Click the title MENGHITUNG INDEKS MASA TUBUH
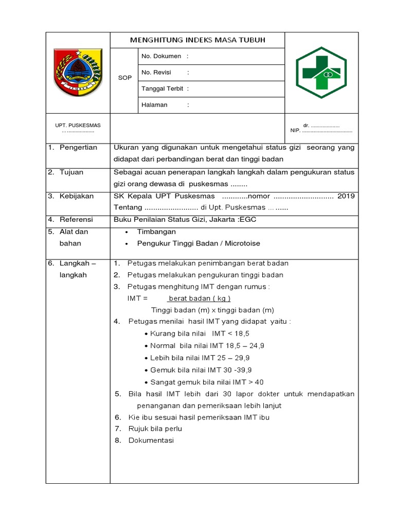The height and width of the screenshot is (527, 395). [197, 40]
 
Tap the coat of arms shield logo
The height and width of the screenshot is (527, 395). [78, 72]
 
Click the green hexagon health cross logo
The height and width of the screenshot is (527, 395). [321, 73]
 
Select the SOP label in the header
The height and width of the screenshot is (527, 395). [124, 78]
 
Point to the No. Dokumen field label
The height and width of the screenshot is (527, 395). [161, 56]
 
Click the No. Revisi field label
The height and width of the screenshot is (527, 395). [156, 73]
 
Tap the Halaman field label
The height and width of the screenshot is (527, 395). [154, 105]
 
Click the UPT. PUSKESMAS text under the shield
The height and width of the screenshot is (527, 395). [78, 126]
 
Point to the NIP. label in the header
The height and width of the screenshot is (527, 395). [295, 131]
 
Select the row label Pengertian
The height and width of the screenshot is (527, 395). [78, 148]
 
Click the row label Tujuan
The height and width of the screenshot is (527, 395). [71, 172]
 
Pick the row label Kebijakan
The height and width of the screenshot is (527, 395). [77, 196]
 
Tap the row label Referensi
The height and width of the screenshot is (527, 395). [77, 219]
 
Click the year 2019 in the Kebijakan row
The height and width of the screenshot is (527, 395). [346, 196]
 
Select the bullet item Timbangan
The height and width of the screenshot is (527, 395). [156, 232]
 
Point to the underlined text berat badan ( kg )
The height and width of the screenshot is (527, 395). [200, 298]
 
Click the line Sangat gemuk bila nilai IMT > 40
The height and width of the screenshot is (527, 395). [207, 382]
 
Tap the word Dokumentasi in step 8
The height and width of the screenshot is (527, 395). [151, 441]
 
